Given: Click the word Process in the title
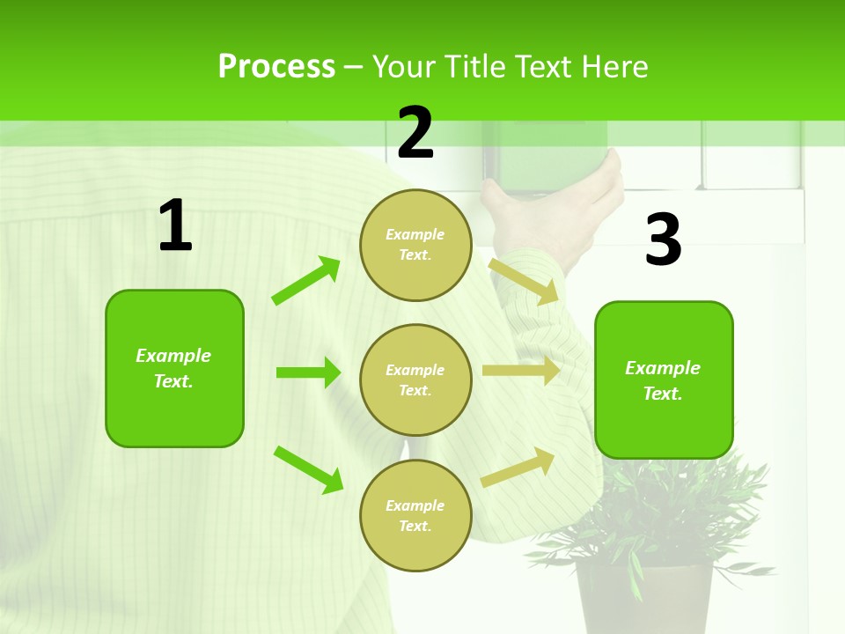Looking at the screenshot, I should click(276, 67).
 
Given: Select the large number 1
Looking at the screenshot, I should click(175, 226).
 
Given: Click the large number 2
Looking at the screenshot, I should click(415, 133).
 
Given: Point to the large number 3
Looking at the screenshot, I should click(663, 240).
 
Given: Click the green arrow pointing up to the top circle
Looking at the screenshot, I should click(306, 281).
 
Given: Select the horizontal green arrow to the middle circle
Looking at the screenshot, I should click(308, 372).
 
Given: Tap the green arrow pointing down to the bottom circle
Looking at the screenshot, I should click(308, 469).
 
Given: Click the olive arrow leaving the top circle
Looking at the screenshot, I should click(524, 281).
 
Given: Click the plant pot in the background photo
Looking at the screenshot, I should click(644, 599).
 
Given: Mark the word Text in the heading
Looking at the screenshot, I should click(544, 67).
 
